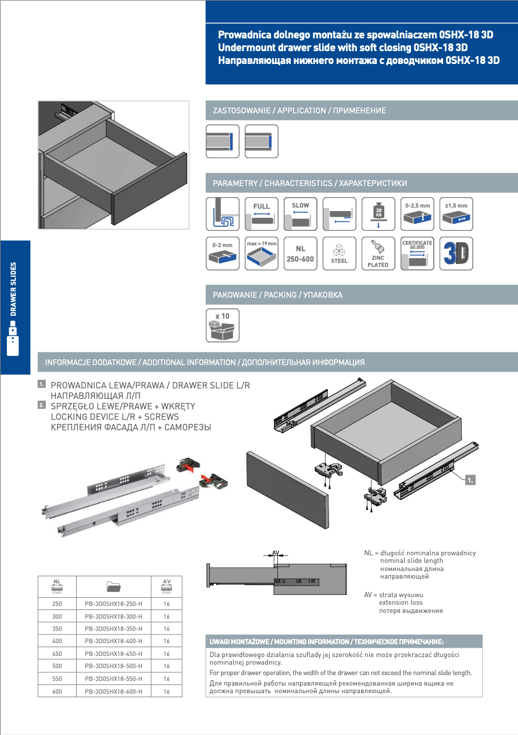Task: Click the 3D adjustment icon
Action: coord(456,254)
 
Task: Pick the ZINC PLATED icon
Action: coord(378,254)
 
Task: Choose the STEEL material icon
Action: coord(340,254)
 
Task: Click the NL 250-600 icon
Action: coord(301,254)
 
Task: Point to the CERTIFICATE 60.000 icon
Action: coord(417,254)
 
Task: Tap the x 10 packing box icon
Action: coord(223,326)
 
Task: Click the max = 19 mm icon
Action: coord(262,254)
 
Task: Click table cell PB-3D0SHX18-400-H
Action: coord(113,641)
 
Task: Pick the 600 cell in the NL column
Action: coord(57,692)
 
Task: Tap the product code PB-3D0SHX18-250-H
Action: coord(113,604)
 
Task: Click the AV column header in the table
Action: coord(166,585)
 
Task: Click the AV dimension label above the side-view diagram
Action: coord(276,552)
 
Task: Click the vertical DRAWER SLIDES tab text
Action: coord(13,290)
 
